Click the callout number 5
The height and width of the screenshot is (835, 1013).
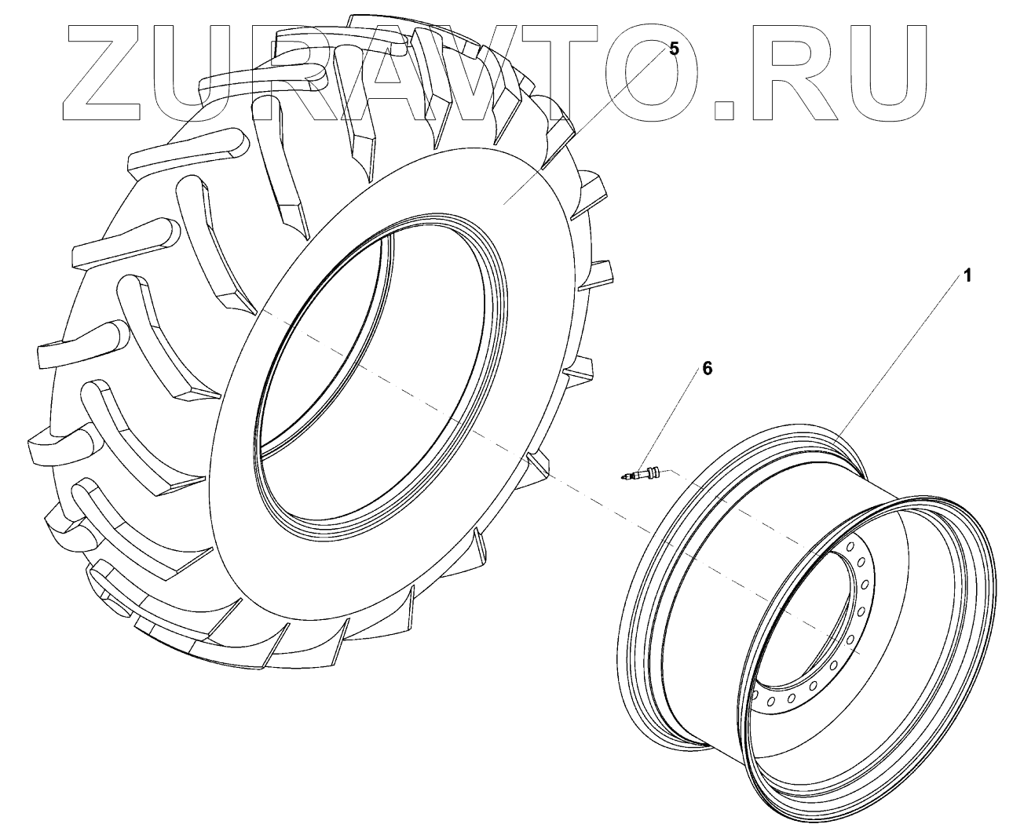[x=673, y=49]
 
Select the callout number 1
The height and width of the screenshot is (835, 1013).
[x=968, y=275]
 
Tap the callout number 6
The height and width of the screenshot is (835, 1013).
[x=707, y=369]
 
